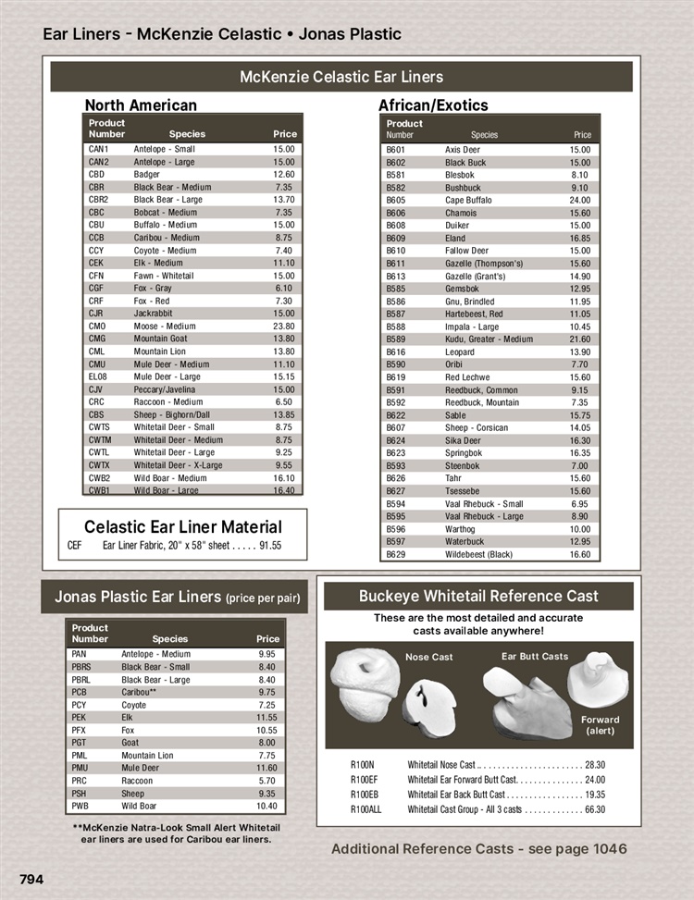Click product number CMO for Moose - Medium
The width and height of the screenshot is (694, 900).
pyautogui.click(x=97, y=326)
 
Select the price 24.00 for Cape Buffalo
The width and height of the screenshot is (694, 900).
pyautogui.click(x=580, y=200)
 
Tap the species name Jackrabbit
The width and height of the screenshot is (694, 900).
pyautogui.click(x=153, y=314)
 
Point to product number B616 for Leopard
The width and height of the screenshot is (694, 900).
pyautogui.click(x=396, y=352)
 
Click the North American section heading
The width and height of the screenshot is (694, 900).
pyautogui.click(x=141, y=105)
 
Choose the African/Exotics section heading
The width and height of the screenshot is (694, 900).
pyautogui.click(x=433, y=105)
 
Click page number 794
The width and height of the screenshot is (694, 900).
pyautogui.click(x=31, y=879)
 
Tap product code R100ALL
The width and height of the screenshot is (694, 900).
pyautogui.click(x=366, y=809)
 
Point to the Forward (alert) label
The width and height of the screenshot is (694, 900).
pyautogui.click(x=600, y=725)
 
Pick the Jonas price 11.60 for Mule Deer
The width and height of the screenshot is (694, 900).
pyautogui.click(x=267, y=768)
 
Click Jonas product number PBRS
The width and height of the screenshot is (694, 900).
pyautogui.click(x=81, y=667)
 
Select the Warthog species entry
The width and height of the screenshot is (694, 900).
pyautogui.click(x=461, y=529)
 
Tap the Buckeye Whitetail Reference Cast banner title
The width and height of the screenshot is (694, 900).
pyautogui.click(x=478, y=597)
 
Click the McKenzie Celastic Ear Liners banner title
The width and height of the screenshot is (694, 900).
pyautogui.click(x=341, y=77)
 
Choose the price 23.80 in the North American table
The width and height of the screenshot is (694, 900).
pyautogui.click(x=284, y=326)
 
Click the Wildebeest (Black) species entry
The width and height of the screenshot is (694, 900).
pyautogui.click(x=478, y=554)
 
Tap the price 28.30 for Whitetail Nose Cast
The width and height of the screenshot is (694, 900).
pyautogui.click(x=595, y=765)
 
